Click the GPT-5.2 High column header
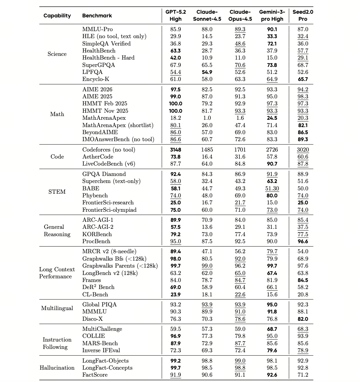click(x=176, y=15)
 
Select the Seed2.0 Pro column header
click(x=302, y=15)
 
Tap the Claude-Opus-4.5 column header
click(x=240, y=15)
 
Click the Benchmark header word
click(x=97, y=16)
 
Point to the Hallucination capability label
click(x=57, y=368)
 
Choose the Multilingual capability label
click(x=57, y=308)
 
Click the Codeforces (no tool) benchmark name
click(x=109, y=150)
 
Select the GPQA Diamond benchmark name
click(x=104, y=174)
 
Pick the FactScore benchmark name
click(x=95, y=375)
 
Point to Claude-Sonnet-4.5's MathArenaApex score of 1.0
click(x=207, y=118)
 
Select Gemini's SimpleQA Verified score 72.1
click(x=272, y=43)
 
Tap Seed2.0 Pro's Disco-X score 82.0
click(x=302, y=319)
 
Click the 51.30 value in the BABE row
click(x=272, y=188)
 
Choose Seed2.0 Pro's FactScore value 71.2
click(x=302, y=375)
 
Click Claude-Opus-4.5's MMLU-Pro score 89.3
click(x=240, y=29)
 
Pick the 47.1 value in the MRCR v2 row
click(x=207, y=251)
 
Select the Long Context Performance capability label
click(x=57, y=273)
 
